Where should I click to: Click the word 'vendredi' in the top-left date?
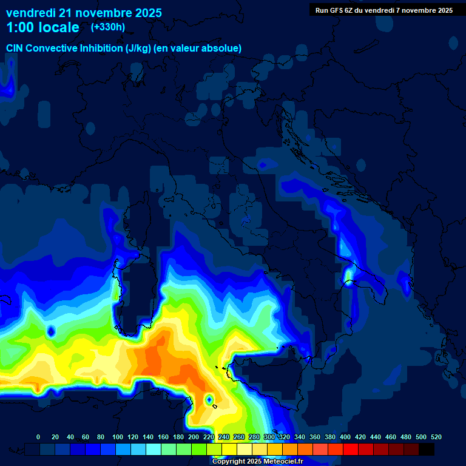[x=31, y=13]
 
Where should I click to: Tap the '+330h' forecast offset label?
[x=108, y=27]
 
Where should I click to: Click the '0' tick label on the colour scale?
[x=38, y=437]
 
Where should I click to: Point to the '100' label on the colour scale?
[x=118, y=437]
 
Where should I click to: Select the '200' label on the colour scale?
[x=194, y=437]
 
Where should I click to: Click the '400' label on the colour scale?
[x=345, y=437]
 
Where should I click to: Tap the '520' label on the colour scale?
[x=436, y=437]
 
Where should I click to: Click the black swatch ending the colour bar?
[x=427, y=449]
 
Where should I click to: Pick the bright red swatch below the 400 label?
[x=351, y=449]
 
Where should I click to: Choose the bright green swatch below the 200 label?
[x=199, y=449]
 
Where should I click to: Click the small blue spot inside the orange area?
[x=209, y=399]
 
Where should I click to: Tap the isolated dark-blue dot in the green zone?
[x=52, y=331]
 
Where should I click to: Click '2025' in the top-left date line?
[x=147, y=13]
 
